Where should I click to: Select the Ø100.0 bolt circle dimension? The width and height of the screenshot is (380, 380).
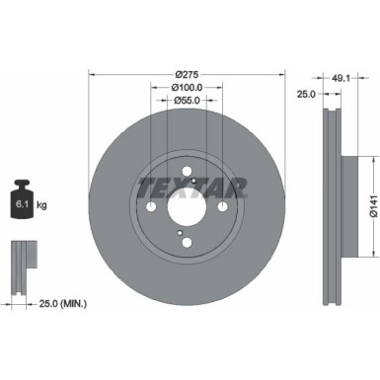[x=187, y=87]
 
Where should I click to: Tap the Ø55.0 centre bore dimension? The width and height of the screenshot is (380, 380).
[x=187, y=100]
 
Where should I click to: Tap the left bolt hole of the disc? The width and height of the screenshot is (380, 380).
[x=151, y=206]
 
